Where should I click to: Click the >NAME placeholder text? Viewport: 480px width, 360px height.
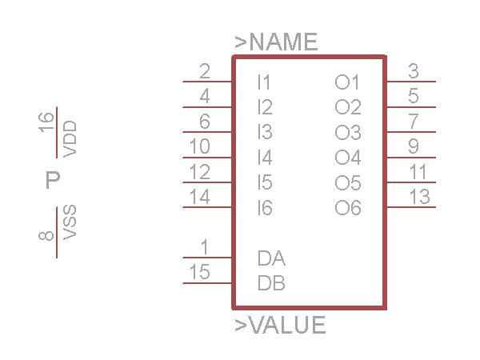coord(276,42)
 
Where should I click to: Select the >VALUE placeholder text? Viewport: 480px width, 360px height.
coord(280,326)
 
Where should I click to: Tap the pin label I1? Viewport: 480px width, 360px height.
coord(264,82)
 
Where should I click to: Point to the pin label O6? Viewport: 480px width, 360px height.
coord(348,208)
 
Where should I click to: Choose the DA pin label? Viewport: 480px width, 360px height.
coord(271,258)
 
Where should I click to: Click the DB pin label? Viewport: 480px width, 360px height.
coord(271,283)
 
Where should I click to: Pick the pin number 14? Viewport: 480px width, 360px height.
coord(199,196)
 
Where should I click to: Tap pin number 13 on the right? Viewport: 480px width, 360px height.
coord(419,196)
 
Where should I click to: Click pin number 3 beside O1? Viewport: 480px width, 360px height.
coord(413,70)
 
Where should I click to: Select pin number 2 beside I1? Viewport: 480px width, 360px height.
coord(205,70)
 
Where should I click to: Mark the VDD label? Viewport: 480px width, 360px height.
coord(70,138)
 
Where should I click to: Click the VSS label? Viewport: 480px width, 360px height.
coord(70,222)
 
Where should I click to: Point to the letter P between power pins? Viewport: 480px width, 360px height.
coord(53,180)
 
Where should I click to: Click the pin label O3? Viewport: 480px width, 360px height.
coord(348,132)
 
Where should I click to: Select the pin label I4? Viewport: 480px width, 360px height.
coord(265,157)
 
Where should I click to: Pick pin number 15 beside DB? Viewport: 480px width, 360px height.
coord(199,272)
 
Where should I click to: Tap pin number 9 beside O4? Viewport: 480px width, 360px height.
coord(413,146)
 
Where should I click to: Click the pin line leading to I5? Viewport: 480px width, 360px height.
coord(207,182)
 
